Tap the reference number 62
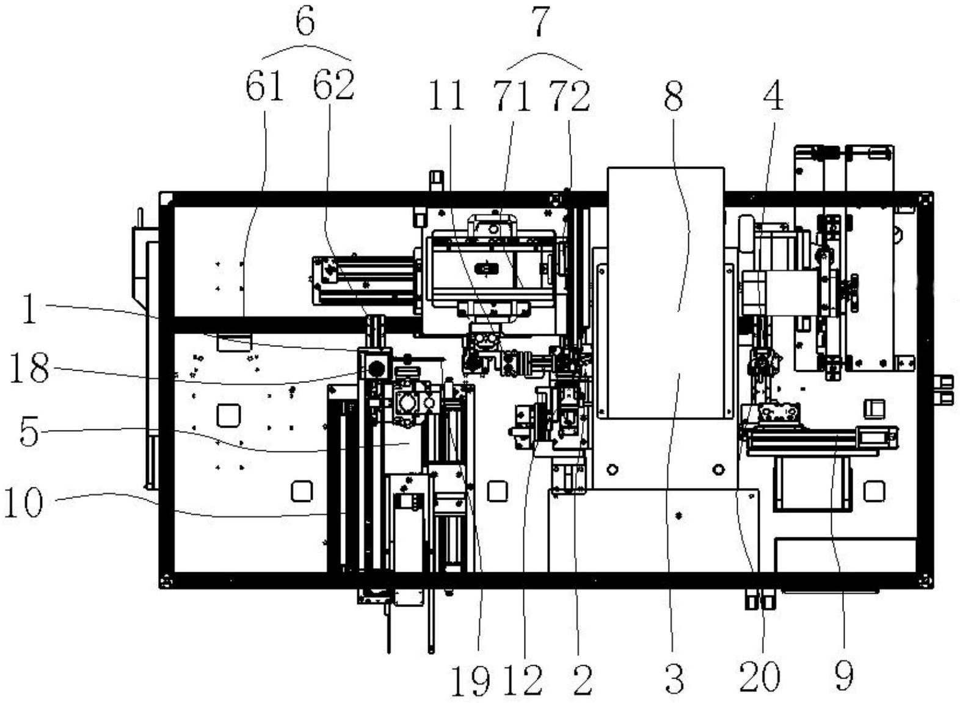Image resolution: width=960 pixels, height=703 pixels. click(334, 84)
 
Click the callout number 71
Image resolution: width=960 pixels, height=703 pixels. click(512, 96)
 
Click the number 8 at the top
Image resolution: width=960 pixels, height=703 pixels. click(674, 96)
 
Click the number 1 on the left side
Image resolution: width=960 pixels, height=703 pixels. click(30, 308)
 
